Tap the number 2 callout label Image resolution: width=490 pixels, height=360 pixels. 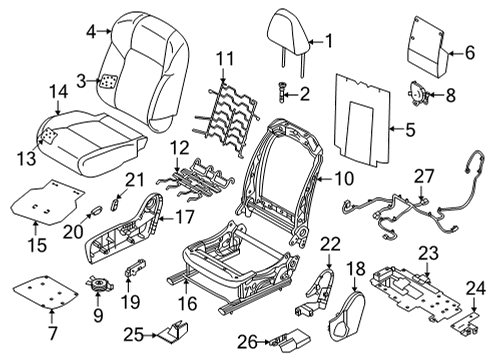(305, 94)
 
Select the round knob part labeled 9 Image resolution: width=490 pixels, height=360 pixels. (99, 286)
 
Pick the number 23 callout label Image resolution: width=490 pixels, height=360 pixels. (428, 253)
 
